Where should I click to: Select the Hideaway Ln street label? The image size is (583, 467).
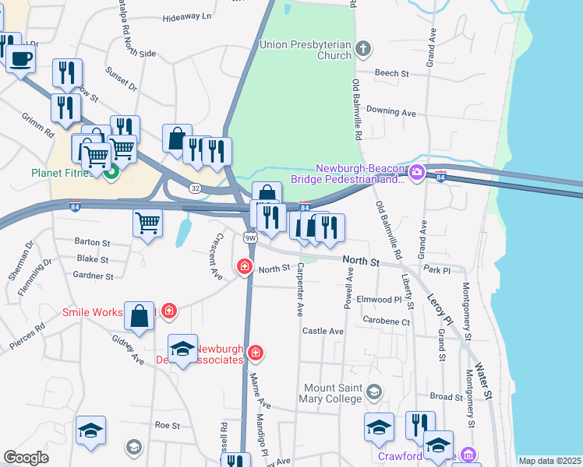point(187,16)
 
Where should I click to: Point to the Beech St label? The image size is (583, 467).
point(392,73)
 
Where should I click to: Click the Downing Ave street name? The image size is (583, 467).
point(390,113)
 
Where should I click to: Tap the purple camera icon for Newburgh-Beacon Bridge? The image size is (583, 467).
point(416,172)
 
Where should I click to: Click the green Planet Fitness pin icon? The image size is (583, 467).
point(111,172)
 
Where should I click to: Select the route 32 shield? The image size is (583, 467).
point(195,188)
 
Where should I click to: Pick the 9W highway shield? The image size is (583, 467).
point(249,237)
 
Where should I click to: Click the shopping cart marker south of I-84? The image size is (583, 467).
point(147,223)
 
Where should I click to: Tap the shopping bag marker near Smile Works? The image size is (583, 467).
point(139,316)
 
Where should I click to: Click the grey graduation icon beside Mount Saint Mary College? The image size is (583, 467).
point(375,391)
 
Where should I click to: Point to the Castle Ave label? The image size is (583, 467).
point(323,332)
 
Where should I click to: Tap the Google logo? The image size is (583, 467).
point(26,457)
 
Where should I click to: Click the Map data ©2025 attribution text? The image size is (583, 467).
point(549,461)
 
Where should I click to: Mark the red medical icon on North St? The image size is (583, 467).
point(245,268)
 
